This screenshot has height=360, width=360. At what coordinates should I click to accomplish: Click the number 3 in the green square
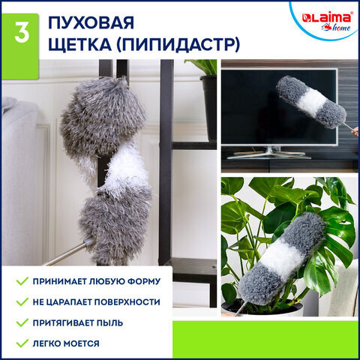tap(20, 33)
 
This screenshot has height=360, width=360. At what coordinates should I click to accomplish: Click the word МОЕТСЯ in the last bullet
tap(79, 343)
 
